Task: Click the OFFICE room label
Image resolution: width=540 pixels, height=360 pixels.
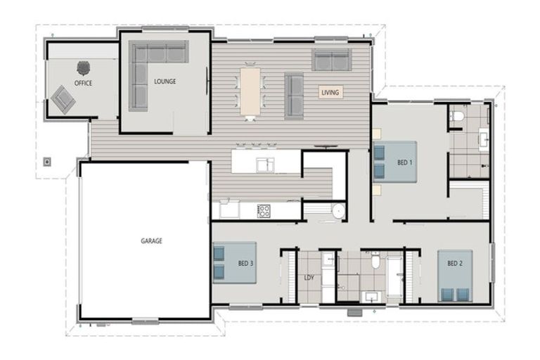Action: [x=83, y=83]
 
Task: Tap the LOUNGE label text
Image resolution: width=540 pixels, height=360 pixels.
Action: [x=165, y=81]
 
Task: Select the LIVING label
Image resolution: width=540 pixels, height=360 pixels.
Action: [x=330, y=92]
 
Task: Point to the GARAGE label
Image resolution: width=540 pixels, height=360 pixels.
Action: [x=151, y=240]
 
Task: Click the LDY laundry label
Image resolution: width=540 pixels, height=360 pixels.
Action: [x=309, y=277]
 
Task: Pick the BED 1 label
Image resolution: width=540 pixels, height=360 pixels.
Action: [x=405, y=162]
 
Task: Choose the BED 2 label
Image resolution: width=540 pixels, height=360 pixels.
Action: [x=455, y=264]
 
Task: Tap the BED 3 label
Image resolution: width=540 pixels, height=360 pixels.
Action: [x=245, y=264]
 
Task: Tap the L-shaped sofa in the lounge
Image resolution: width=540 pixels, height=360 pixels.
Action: [x=151, y=67]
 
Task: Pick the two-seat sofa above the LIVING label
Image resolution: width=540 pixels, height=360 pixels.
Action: [x=332, y=60]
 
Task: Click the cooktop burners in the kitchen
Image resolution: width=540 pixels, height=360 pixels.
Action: [x=264, y=209]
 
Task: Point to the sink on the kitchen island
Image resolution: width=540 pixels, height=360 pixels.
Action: [x=265, y=165]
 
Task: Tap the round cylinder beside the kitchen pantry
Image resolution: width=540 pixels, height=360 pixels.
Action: [x=338, y=210]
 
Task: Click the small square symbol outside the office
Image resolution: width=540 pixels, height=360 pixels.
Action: [x=47, y=161]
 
